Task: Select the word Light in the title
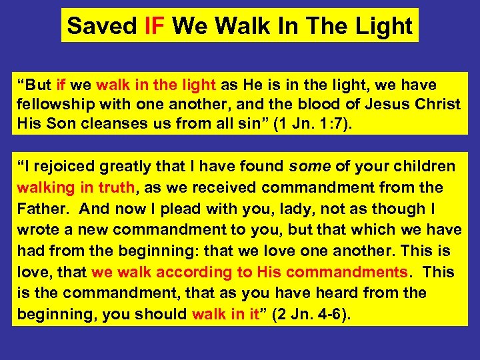383,26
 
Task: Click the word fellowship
51,105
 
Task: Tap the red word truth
118,187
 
